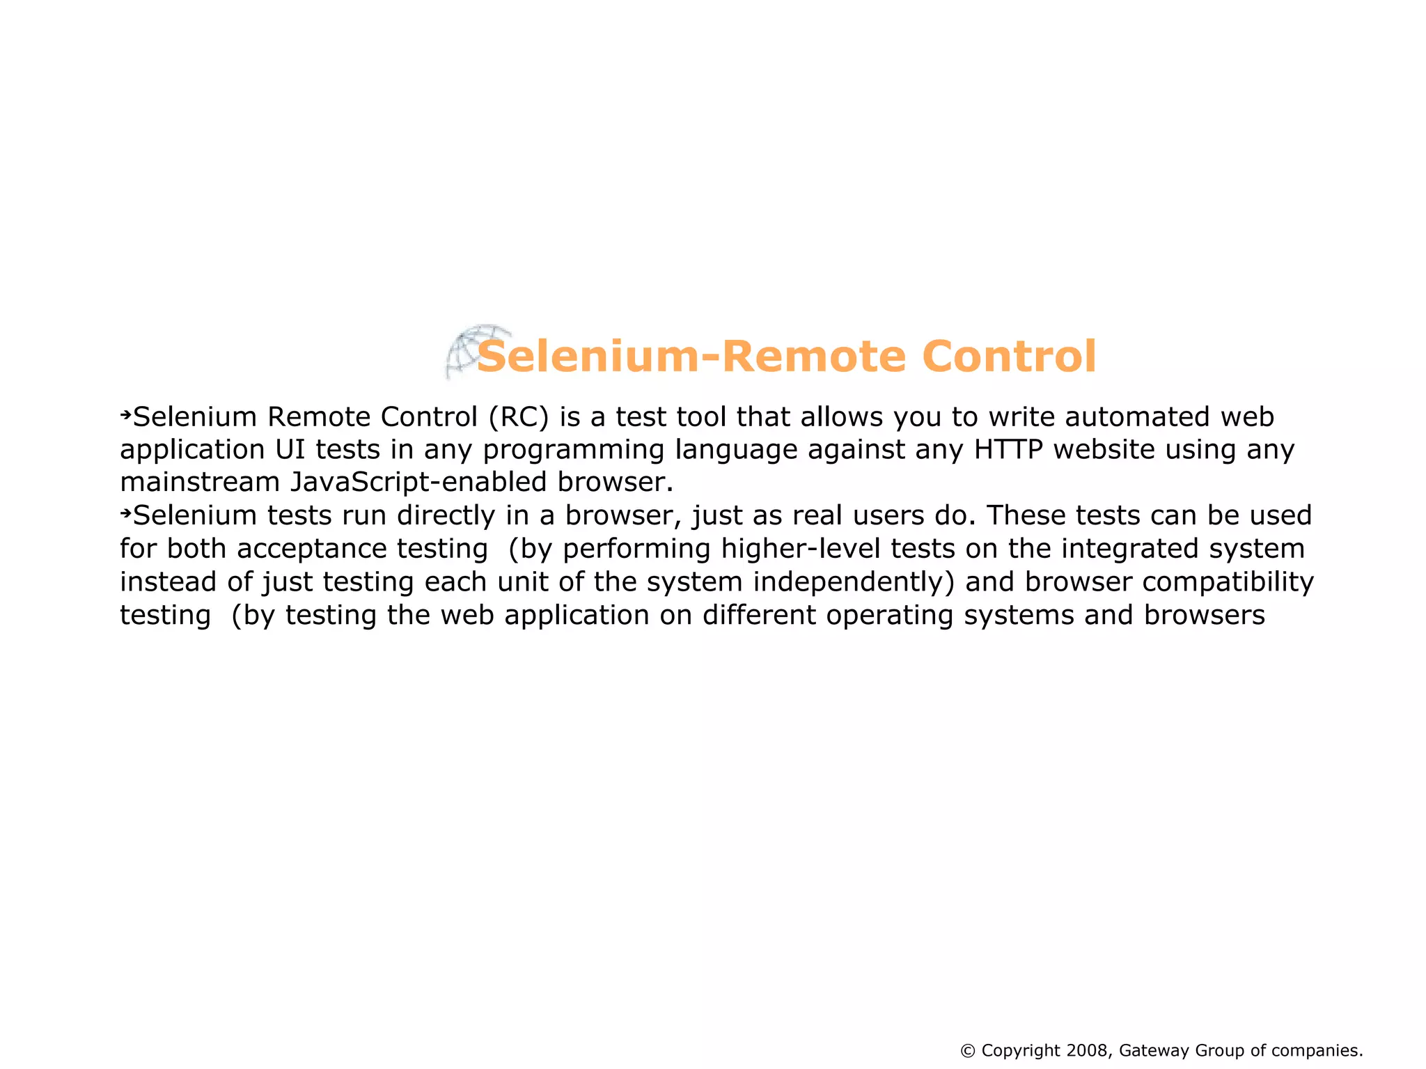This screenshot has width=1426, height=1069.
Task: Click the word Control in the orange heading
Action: click(x=1009, y=357)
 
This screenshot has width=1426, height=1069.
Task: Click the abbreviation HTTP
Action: click(x=1008, y=450)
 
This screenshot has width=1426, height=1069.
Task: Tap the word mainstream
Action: click(x=200, y=483)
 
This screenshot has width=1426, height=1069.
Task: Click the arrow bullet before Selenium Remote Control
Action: click(x=125, y=416)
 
